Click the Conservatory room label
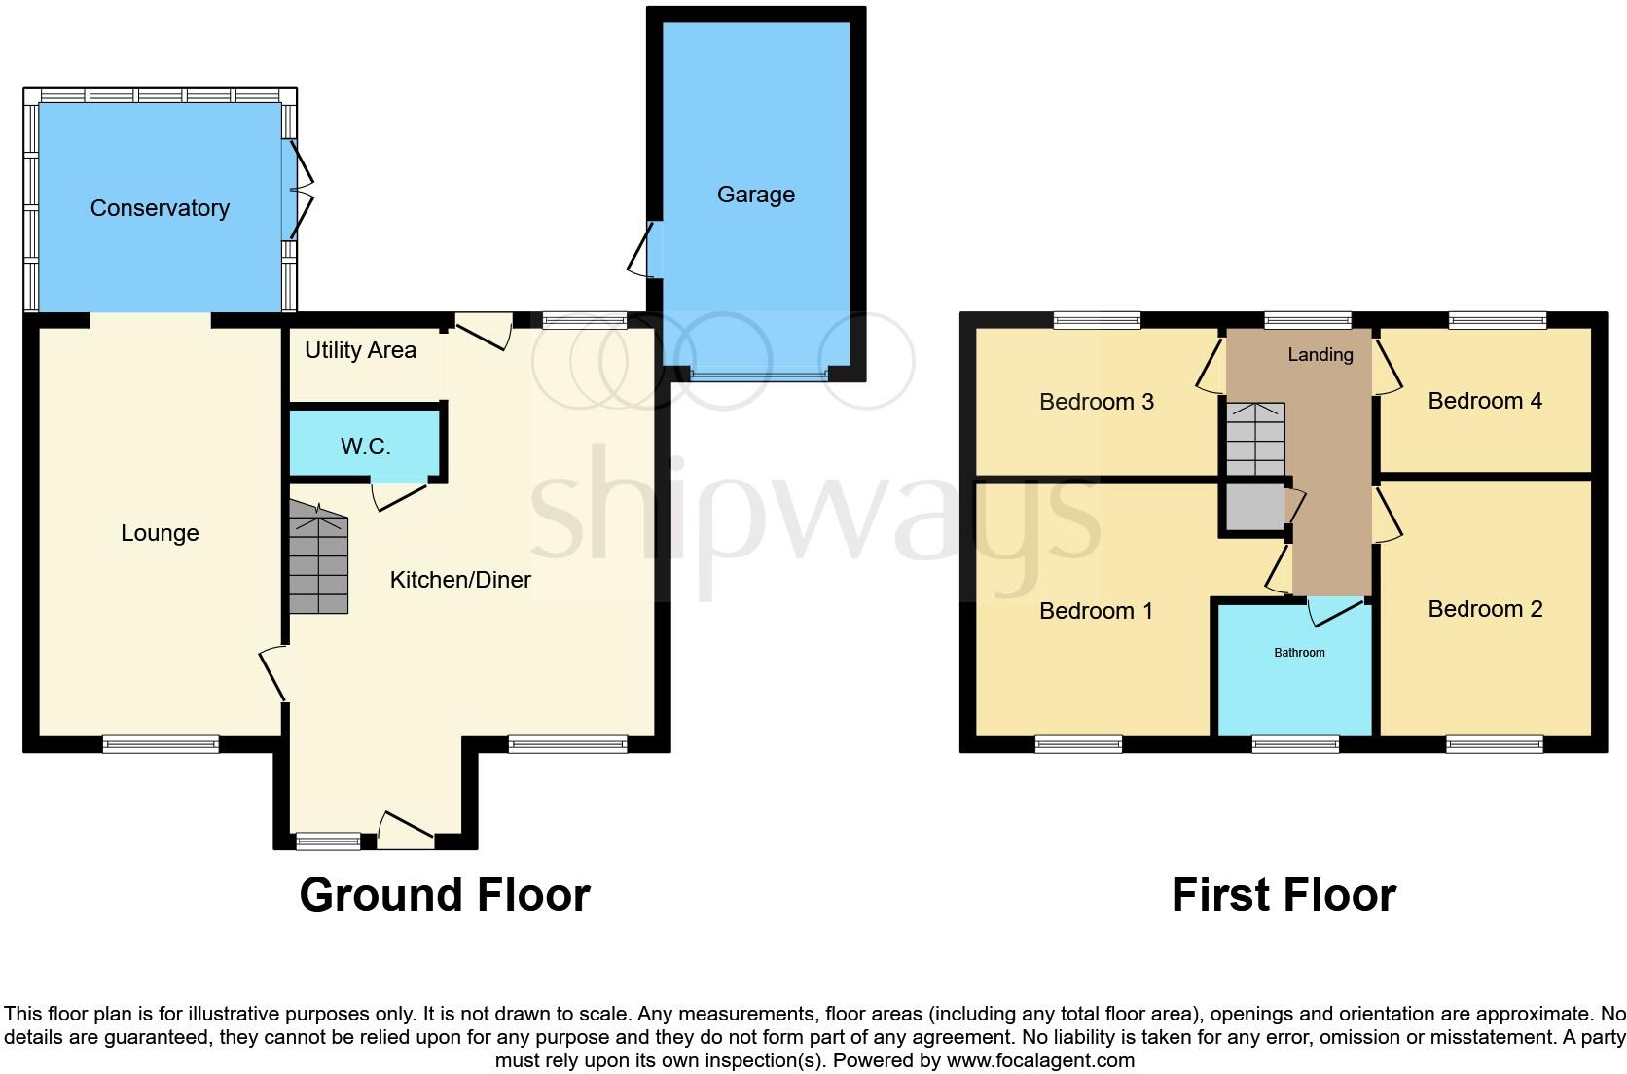[x=160, y=208]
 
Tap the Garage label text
[x=756, y=195]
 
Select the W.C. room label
[x=366, y=447]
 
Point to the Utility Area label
[x=360, y=350]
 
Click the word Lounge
[x=160, y=533]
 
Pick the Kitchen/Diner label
[x=460, y=580]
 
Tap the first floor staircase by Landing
[x=1255, y=439]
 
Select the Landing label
[x=1320, y=355]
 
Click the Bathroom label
[x=1299, y=653]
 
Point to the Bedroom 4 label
[x=1485, y=401]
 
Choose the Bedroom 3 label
[x=1097, y=402]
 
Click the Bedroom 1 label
[x=1096, y=611]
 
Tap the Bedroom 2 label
[x=1485, y=609]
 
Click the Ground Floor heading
[x=445, y=895]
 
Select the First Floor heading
[x=1284, y=895]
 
